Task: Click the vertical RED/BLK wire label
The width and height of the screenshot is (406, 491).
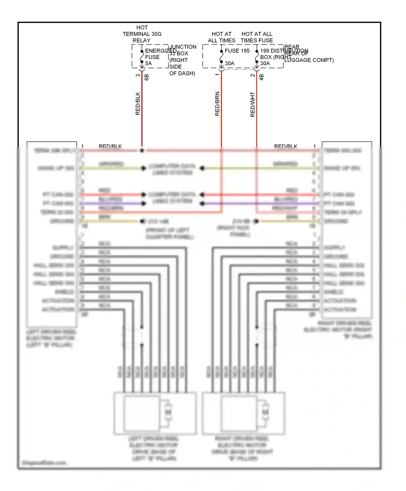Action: coord(138,103)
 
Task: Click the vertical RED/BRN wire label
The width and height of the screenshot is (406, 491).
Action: coord(217,104)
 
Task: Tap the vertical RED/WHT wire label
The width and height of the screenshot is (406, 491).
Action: coord(253,104)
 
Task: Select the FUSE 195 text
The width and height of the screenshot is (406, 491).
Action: coord(237,51)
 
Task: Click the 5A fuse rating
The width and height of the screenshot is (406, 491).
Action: coord(148,63)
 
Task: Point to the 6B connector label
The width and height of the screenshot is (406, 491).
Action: coord(147,77)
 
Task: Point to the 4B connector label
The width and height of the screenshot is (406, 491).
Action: coord(261,77)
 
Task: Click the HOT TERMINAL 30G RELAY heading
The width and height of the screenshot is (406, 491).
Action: coord(142,34)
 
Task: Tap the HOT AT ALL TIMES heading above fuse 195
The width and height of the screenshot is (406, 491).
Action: coord(221,37)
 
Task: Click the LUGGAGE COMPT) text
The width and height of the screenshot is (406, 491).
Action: coord(309,60)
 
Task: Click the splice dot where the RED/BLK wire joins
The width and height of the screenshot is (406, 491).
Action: coord(142,150)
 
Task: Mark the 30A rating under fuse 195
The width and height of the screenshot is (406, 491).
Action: coord(230,63)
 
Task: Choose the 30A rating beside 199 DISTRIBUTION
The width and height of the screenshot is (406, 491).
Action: coord(265,63)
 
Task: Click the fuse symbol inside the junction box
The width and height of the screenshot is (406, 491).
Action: coord(142,57)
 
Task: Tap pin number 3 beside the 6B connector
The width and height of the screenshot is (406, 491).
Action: coord(138,75)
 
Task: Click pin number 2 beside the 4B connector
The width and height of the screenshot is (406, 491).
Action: coord(253,75)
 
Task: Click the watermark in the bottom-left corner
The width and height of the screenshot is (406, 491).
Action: coord(44,463)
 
